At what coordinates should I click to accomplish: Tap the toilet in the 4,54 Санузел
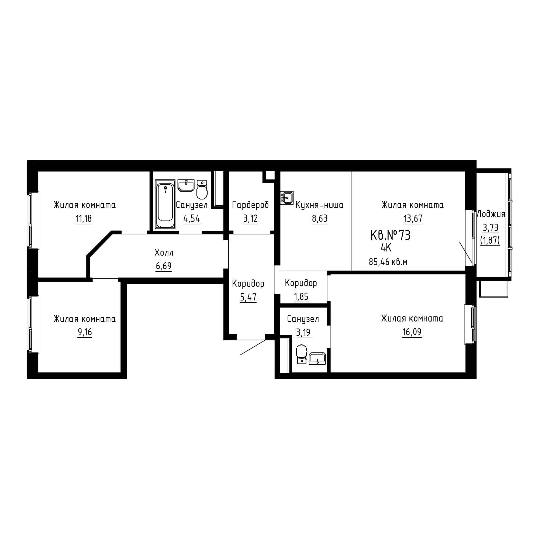202,190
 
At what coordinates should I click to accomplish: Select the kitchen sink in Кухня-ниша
287,198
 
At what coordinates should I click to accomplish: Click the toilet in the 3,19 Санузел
301,354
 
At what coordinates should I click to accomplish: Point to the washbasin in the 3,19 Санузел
317,358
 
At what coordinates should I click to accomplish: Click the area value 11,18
84,219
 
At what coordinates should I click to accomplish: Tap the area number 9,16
85,332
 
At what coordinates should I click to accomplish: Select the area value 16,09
412,332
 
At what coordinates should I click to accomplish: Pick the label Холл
164,253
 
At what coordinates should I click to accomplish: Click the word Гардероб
250,205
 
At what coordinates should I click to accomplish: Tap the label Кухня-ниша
319,205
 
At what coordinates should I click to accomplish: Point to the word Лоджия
491,214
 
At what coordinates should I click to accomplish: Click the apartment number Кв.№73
390,236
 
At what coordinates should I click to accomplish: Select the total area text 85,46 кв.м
388,262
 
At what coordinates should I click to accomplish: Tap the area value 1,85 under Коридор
301,296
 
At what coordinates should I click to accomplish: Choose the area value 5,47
248,298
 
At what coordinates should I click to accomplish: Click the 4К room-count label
386,247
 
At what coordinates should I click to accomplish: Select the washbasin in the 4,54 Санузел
186,185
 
